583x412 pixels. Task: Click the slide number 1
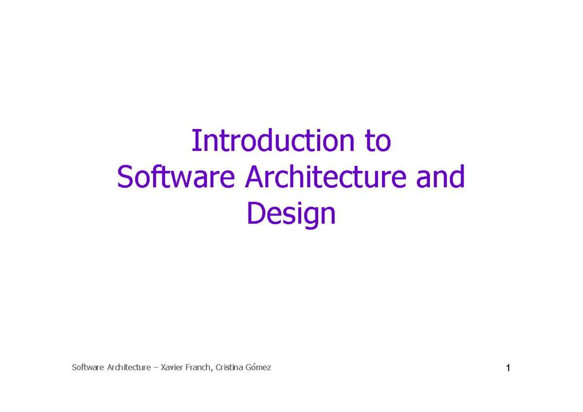tap(508, 369)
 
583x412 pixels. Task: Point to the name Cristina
tap(230, 367)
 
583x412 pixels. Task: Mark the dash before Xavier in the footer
tap(155, 368)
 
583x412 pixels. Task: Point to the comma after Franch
tap(212, 370)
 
